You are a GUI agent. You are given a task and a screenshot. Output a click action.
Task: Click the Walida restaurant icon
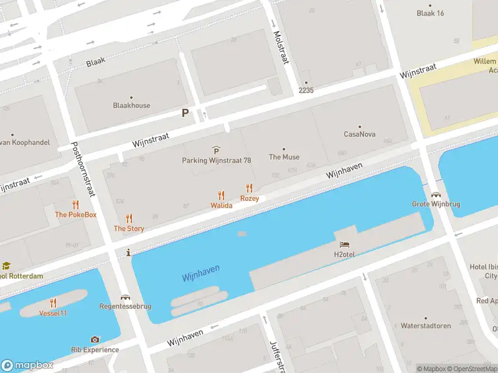(x=221, y=195)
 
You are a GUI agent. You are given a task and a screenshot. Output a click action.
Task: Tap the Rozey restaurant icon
(x=250, y=188)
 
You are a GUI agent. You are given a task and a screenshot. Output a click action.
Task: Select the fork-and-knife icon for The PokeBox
(x=76, y=205)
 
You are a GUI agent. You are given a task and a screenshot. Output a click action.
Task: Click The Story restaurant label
(x=129, y=229)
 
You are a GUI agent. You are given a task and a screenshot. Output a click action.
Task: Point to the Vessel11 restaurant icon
(x=54, y=303)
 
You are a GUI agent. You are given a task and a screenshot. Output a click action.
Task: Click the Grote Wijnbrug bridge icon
(x=435, y=195)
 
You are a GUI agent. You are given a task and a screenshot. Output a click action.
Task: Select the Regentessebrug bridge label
(x=125, y=306)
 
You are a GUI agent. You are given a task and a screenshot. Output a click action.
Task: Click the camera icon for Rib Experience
(x=95, y=339)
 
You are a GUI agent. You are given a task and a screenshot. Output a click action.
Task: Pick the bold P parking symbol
(x=185, y=113)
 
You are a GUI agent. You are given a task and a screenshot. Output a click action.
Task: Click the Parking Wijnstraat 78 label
(x=216, y=160)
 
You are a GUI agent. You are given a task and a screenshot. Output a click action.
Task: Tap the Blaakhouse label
(x=131, y=106)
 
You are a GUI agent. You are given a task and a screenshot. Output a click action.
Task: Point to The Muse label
(x=284, y=157)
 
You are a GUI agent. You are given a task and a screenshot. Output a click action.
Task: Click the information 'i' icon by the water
(x=128, y=252)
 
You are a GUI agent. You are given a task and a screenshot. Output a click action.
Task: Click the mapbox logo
(x=27, y=366)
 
